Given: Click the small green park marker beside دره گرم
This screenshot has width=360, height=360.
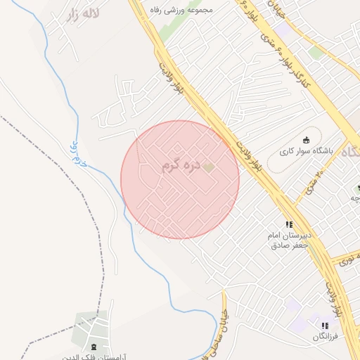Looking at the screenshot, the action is click(x=208, y=167).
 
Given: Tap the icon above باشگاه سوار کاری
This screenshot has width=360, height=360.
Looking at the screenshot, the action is click(x=305, y=139).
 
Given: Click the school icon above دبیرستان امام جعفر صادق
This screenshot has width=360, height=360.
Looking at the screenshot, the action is click(x=289, y=224).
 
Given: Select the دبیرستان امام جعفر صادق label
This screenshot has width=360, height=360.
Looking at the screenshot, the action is click(x=288, y=239).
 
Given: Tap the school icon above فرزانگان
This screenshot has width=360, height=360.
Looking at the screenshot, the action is click(x=325, y=326).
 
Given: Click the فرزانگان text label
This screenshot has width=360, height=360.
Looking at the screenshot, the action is click(x=326, y=337).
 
